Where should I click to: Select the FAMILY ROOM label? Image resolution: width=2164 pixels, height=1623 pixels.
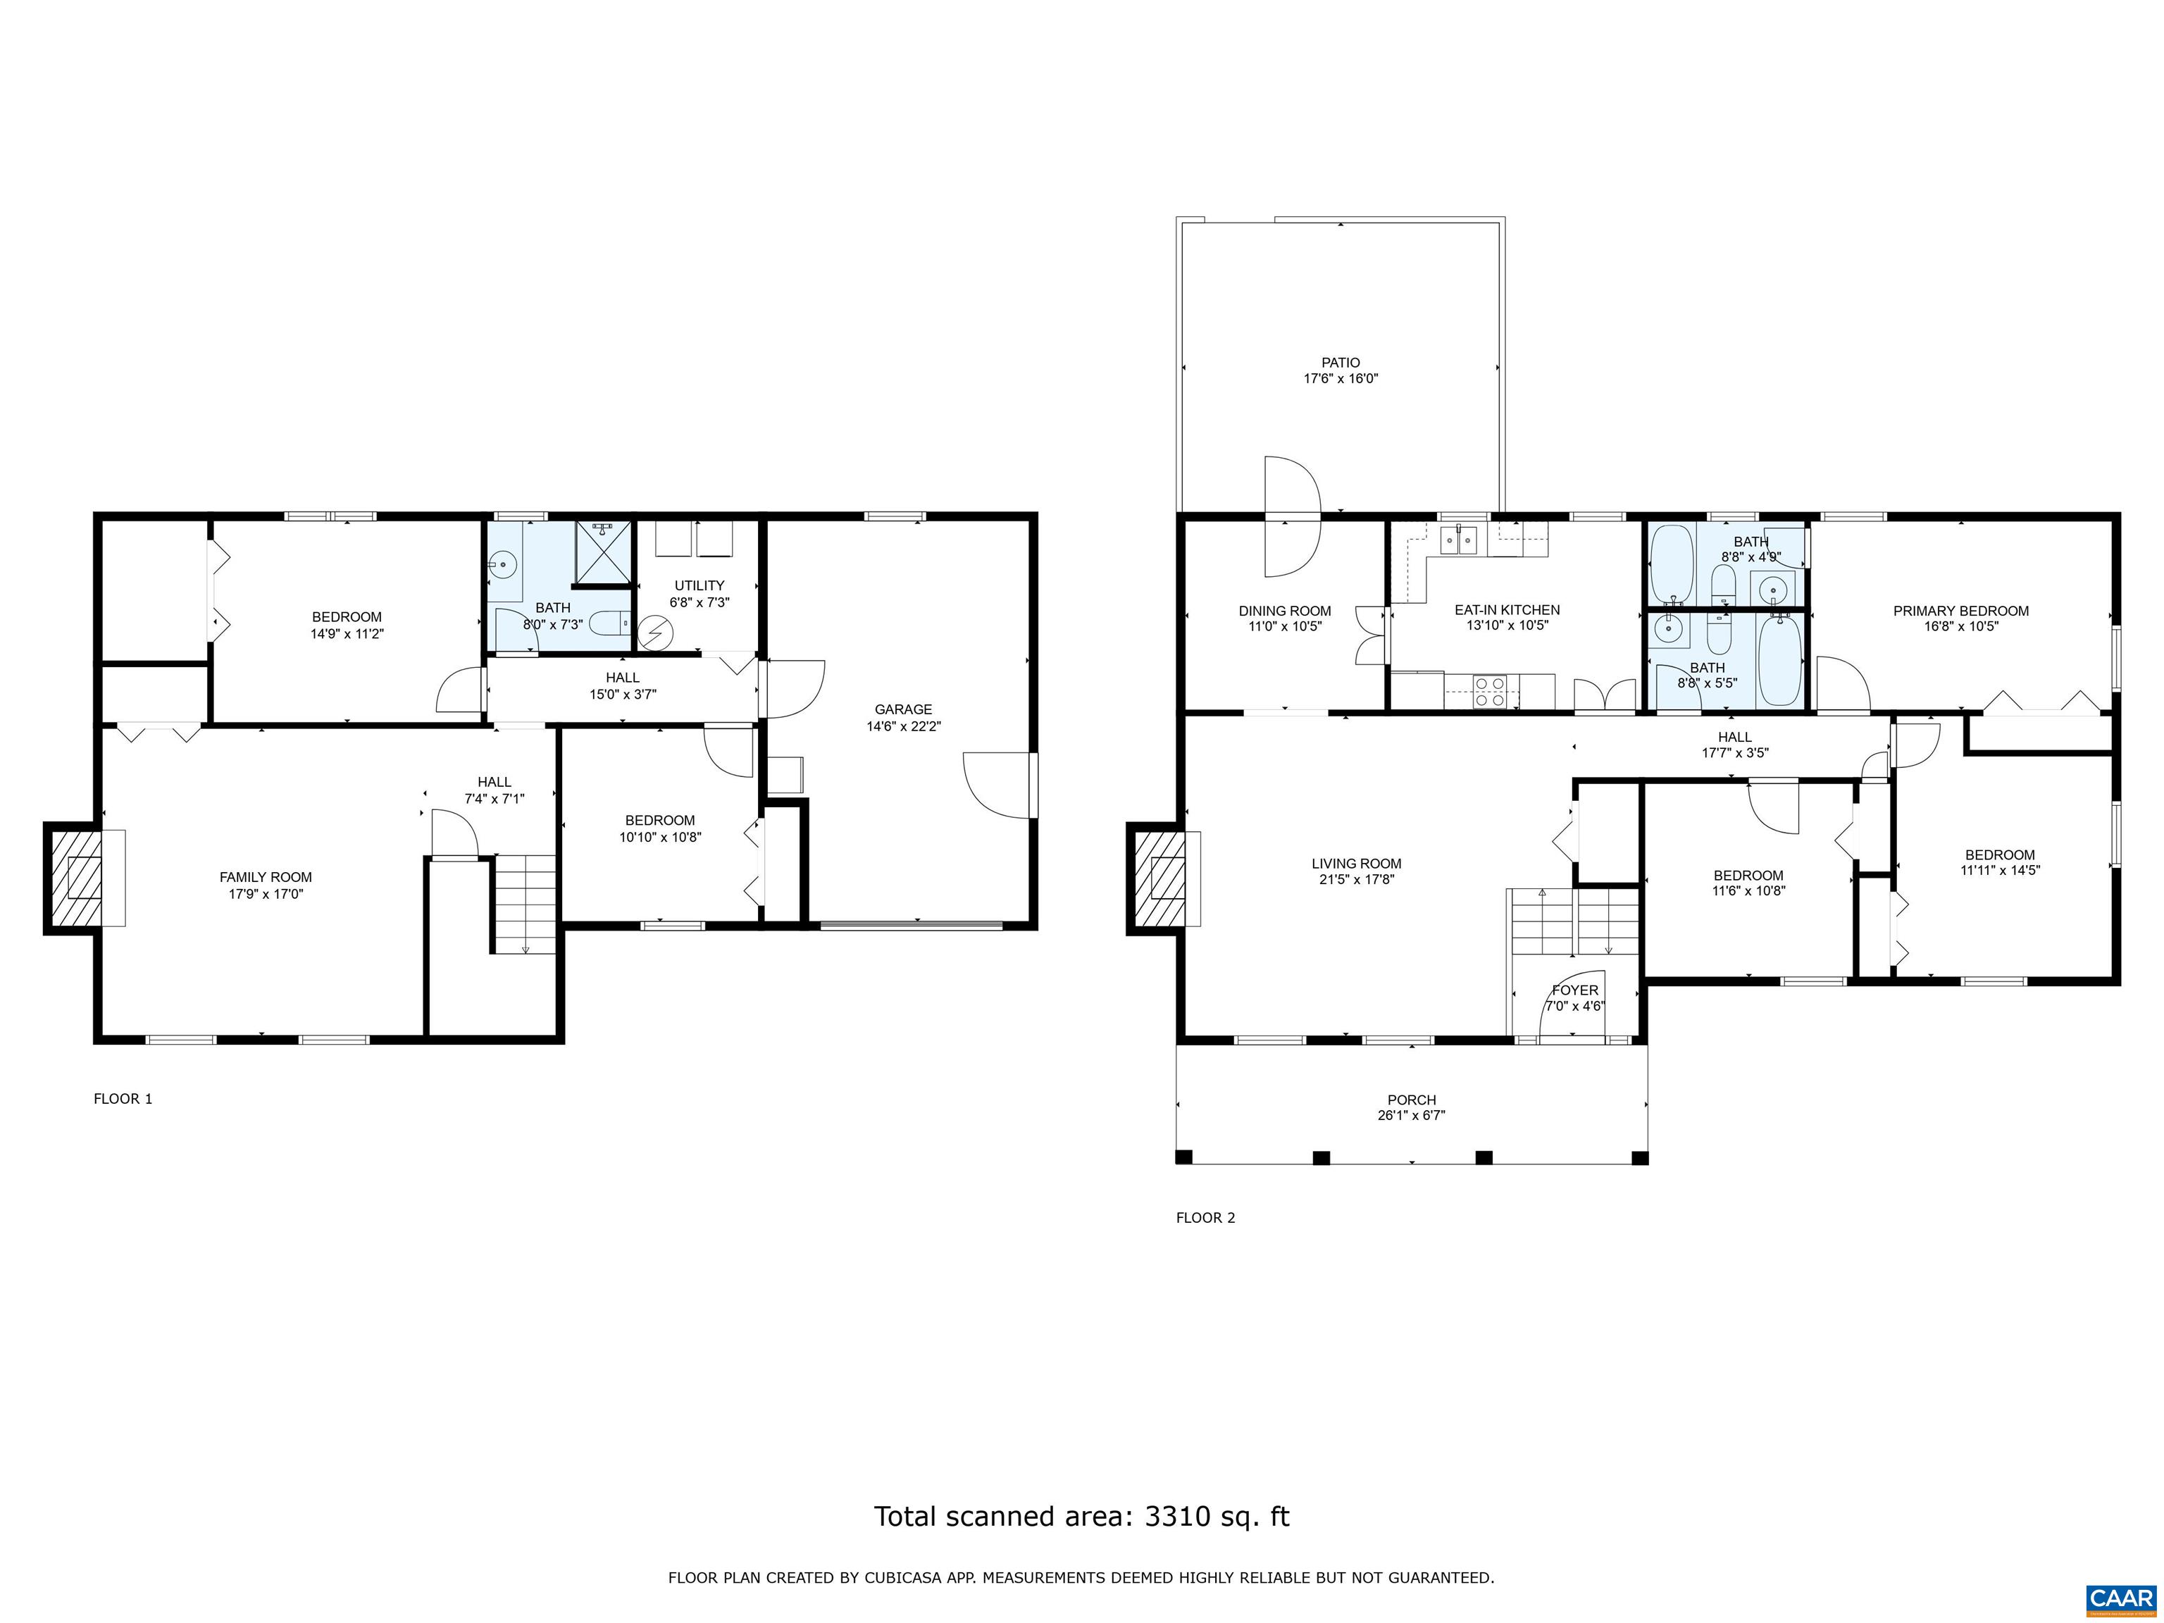(265, 876)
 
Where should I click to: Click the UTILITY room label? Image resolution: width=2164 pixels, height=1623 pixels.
(699, 585)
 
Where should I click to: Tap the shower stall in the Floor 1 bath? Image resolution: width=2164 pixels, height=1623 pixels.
(602, 553)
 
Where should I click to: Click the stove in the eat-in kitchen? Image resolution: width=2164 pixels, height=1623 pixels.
(1490, 692)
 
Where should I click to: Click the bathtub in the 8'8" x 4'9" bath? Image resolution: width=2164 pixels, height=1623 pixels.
(1672, 564)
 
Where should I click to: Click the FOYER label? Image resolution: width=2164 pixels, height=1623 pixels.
(1575, 990)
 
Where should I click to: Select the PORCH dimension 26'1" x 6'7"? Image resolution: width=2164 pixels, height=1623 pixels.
(1411, 1115)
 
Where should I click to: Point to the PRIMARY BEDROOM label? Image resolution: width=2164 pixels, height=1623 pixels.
(1960, 611)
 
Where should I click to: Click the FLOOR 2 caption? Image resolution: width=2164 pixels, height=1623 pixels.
(1205, 1218)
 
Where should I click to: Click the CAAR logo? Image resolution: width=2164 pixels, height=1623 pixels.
(2120, 1598)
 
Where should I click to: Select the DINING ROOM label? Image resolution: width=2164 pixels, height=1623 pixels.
(1284, 611)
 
